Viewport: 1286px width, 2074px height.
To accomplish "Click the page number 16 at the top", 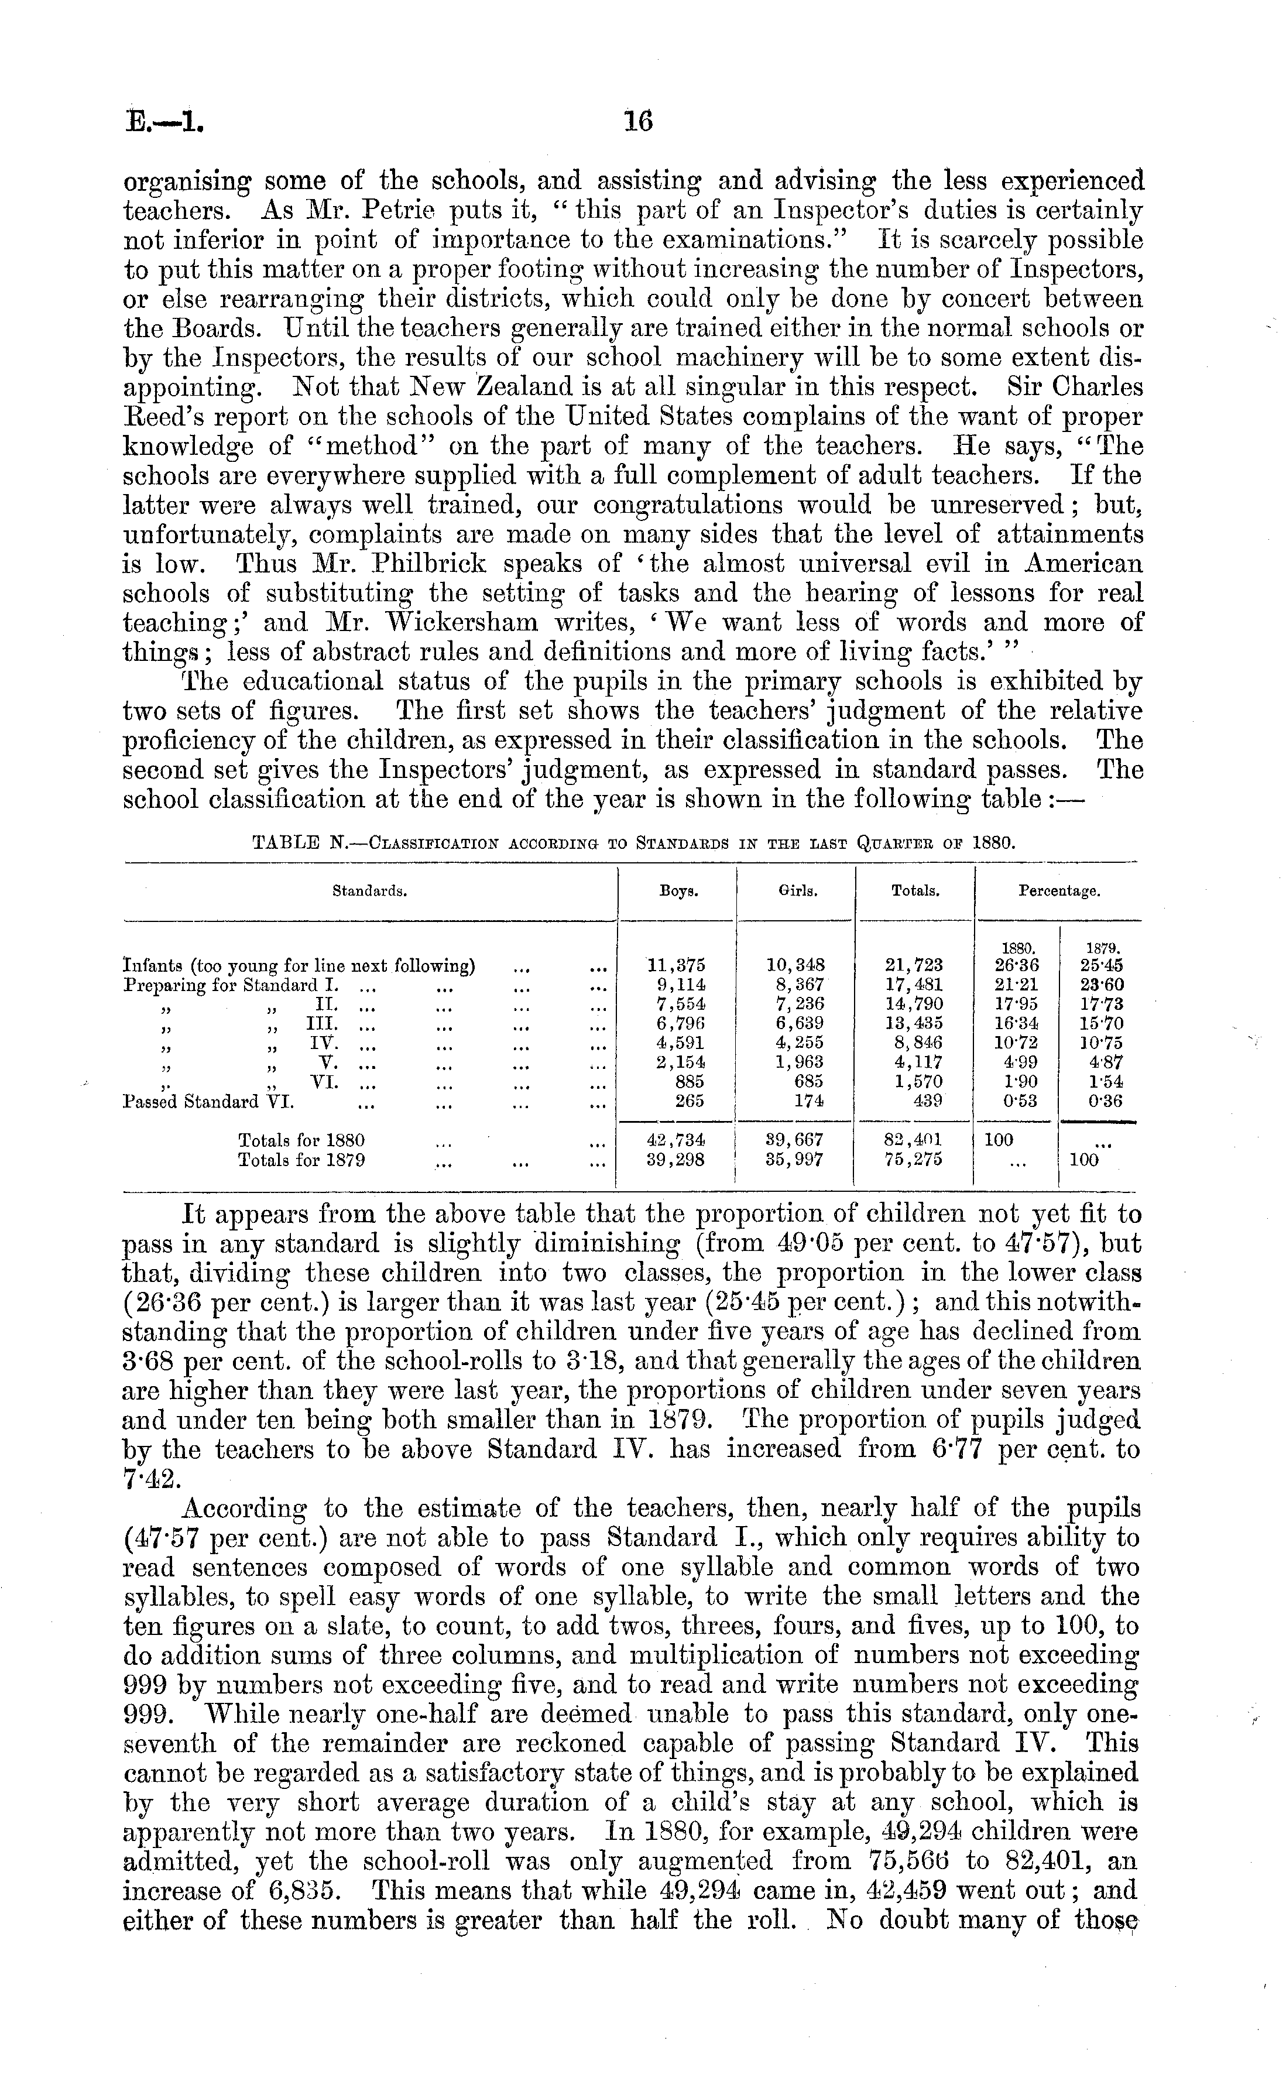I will point(638,122).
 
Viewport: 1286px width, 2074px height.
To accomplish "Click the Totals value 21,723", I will point(914,966).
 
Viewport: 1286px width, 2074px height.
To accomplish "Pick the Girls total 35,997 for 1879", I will point(795,1160).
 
